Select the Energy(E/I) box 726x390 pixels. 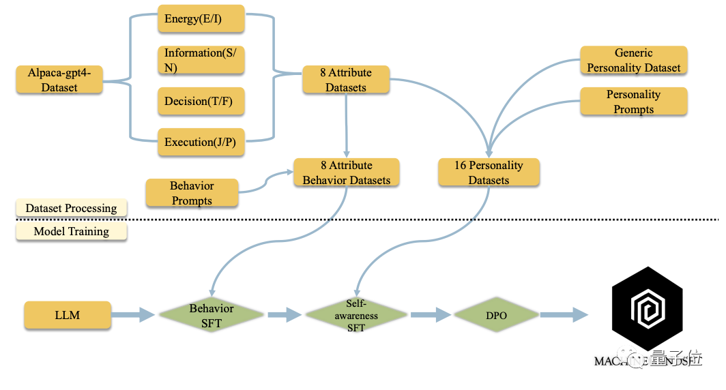201,19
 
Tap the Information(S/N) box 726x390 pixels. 201,60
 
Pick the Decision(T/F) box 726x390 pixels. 201,101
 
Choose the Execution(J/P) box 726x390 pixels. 201,142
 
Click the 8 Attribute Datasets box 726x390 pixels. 346,80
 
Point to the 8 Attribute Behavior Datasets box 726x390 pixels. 347,172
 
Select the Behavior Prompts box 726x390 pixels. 192,193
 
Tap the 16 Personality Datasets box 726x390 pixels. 489,172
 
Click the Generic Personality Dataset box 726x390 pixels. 633,60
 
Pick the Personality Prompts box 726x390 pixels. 633,101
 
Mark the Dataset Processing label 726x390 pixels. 71,208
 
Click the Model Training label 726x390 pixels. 71,231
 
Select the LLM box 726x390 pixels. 67,315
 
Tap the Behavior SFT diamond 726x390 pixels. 211,315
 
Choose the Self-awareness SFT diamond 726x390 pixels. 356,315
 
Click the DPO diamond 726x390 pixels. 497,315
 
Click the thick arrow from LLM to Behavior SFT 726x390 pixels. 133,315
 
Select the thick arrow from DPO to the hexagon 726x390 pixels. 564,315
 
